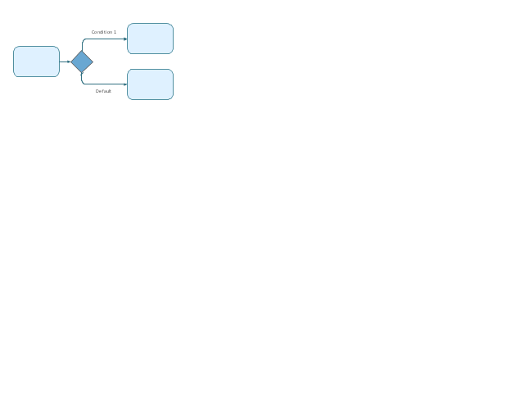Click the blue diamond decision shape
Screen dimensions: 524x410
tap(82, 61)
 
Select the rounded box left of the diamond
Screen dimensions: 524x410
tap(36, 61)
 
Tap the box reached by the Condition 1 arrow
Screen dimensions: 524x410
tap(150, 39)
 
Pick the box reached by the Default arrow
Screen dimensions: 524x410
tap(150, 84)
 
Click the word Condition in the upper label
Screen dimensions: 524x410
tap(102, 32)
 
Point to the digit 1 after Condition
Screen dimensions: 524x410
tap(115, 32)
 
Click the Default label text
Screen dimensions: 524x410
tap(103, 91)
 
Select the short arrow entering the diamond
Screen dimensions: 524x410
tap(65, 61)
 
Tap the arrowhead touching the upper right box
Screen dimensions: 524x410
tap(125, 39)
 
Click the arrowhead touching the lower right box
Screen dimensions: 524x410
tap(125, 84)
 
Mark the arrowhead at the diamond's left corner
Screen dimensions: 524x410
tap(69, 61)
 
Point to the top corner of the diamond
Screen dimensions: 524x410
tap(82, 51)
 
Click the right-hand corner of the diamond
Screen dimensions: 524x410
tap(93, 61)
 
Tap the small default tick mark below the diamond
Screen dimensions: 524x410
tap(82, 74)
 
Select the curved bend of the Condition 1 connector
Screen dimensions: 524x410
tap(84, 40)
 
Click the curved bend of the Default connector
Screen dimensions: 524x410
tap(83, 83)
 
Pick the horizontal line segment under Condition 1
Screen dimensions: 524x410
tap(105, 39)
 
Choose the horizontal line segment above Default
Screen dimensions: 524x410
tap(105, 84)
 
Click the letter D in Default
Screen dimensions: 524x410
tap(97, 91)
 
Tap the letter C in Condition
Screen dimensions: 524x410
tap(93, 32)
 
